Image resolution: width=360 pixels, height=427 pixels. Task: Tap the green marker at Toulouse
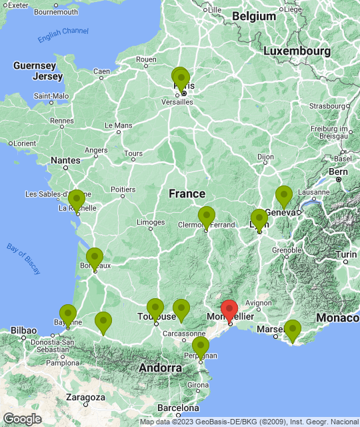[x=155, y=309]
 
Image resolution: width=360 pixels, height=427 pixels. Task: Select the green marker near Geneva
[x=284, y=196]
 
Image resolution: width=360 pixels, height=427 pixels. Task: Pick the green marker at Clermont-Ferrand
[x=207, y=217]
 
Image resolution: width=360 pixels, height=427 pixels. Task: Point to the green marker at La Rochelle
[x=77, y=200]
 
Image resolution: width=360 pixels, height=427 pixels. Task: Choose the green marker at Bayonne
[x=68, y=315]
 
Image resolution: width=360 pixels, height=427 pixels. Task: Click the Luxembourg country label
[x=297, y=51]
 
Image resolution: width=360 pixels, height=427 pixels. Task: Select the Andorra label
[x=160, y=368]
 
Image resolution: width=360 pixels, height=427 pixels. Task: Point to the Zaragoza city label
[x=85, y=397]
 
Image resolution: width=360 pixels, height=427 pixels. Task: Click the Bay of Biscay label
[x=23, y=258]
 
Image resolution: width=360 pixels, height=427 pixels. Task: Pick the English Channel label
[x=63, y=35]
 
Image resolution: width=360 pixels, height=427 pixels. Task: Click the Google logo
[x=22, y=418]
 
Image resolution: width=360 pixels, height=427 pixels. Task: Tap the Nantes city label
[x=65, y=160]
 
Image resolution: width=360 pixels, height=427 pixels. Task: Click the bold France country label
[x=187, y=193]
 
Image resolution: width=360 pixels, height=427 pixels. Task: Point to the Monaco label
[x=337, y=318]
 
